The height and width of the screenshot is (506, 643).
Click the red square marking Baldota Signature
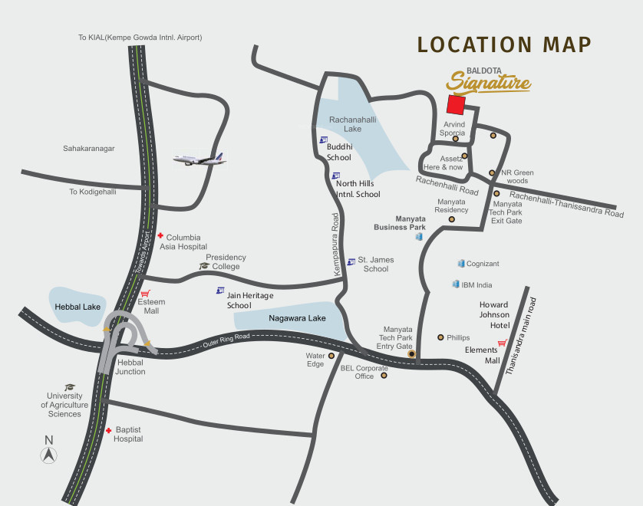tap(457, 105)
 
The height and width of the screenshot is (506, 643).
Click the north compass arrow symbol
tap(49, 455)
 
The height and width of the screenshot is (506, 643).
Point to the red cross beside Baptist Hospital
tap(109, 431)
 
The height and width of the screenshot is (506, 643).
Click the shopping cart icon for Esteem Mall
tap(144, 293)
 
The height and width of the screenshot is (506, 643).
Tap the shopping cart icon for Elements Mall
tap(502, 343)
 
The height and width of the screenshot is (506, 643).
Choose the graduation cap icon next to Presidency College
tap(204, 266)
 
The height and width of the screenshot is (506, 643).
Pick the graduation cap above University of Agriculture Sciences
tap(69, 387)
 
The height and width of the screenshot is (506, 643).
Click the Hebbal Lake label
tap(73, 306)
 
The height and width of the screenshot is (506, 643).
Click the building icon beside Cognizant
tap(461, 264)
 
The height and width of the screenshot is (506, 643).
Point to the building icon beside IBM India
tap(456, 284)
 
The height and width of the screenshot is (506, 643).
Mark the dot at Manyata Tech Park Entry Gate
tap(411, 354)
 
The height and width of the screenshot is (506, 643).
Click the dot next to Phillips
tap(440, 337)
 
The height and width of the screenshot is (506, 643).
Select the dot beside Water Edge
tap(331, 356)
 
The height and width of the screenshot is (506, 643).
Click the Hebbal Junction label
tap(130, 366)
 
